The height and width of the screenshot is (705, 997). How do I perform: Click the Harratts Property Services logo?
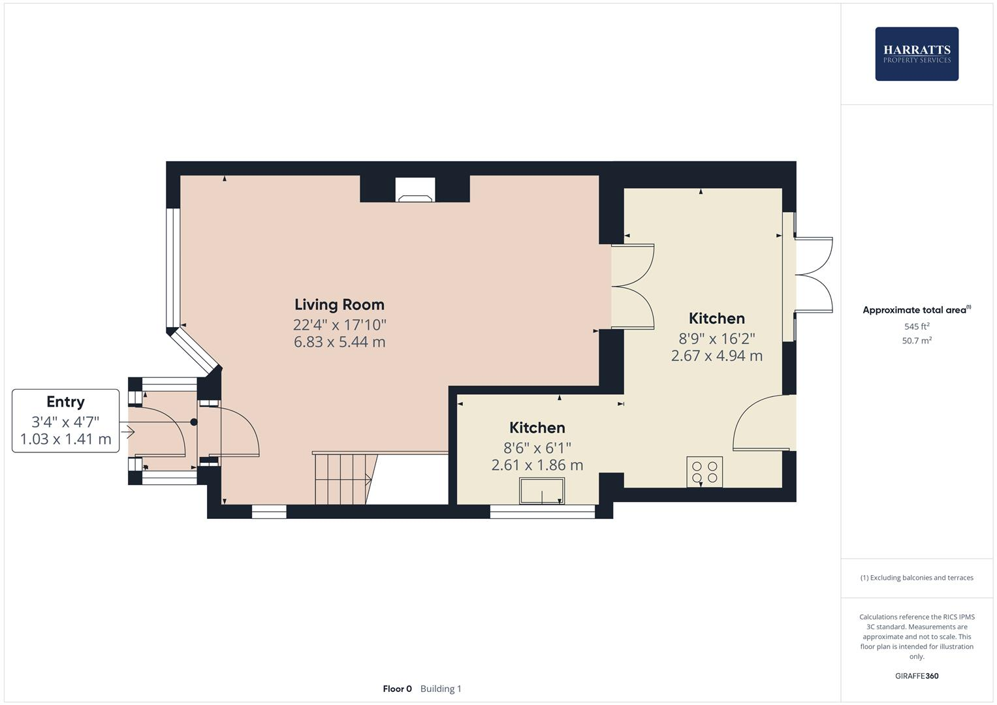916,54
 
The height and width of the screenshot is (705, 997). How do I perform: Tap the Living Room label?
339,304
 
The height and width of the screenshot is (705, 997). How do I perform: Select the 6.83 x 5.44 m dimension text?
339,342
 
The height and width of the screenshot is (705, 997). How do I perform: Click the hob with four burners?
704,472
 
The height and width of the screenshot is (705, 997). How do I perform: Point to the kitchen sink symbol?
541,491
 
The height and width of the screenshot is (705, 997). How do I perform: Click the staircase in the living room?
343,479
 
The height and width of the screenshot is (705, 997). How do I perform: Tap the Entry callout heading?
65,401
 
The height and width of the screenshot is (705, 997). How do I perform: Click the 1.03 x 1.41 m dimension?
65,439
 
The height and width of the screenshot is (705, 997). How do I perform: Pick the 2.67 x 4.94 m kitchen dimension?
716,356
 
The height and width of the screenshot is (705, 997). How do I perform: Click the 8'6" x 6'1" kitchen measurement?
537,448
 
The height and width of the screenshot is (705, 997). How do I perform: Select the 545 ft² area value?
916,326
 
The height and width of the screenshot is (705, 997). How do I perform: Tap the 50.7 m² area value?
916,341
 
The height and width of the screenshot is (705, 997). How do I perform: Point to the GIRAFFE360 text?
916,676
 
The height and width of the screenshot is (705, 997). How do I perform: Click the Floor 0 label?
397,689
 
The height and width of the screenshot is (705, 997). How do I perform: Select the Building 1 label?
441,689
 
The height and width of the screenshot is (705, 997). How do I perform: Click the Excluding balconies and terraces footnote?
916,578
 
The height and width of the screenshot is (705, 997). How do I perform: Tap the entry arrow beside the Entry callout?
127,431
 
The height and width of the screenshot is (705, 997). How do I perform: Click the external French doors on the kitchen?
814,275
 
